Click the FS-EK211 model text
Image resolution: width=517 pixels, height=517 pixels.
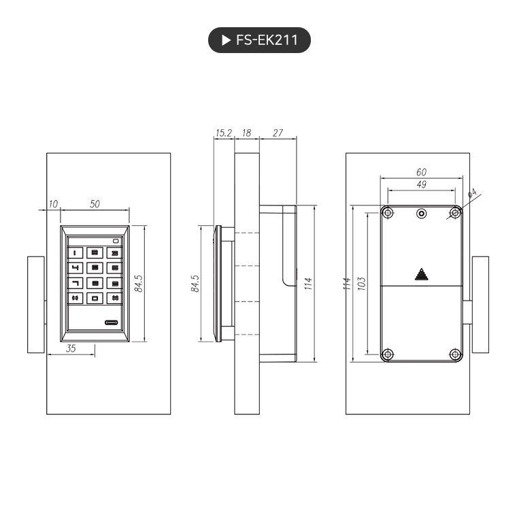(267, 40)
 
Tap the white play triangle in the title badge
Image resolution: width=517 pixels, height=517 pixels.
(226, 40)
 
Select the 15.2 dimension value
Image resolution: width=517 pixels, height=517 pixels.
(224, 133)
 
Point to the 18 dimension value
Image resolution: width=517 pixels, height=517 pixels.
(246, 133)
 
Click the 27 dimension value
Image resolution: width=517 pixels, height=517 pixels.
(278, 133)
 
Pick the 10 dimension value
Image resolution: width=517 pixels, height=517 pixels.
(54, 203)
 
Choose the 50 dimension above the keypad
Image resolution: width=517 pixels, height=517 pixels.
(95, 203)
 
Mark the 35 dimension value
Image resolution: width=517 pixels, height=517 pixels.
(71, 348)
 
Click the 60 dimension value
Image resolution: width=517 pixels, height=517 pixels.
(421, 172)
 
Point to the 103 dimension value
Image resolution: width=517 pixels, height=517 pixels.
(361, 283)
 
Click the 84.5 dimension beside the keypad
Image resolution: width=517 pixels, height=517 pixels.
(139, 283)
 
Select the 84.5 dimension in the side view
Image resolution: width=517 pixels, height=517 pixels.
(195, 283)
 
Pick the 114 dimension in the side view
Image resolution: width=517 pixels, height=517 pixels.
(308, 283)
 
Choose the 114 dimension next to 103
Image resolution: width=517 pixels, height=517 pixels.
(346, 283)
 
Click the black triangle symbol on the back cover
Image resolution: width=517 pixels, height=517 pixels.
(422, 275)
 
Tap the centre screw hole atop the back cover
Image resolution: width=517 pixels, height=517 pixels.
(422, 214)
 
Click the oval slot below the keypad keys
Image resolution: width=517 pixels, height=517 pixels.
(113, 322)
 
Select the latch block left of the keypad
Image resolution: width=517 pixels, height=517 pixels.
(36, 304)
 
